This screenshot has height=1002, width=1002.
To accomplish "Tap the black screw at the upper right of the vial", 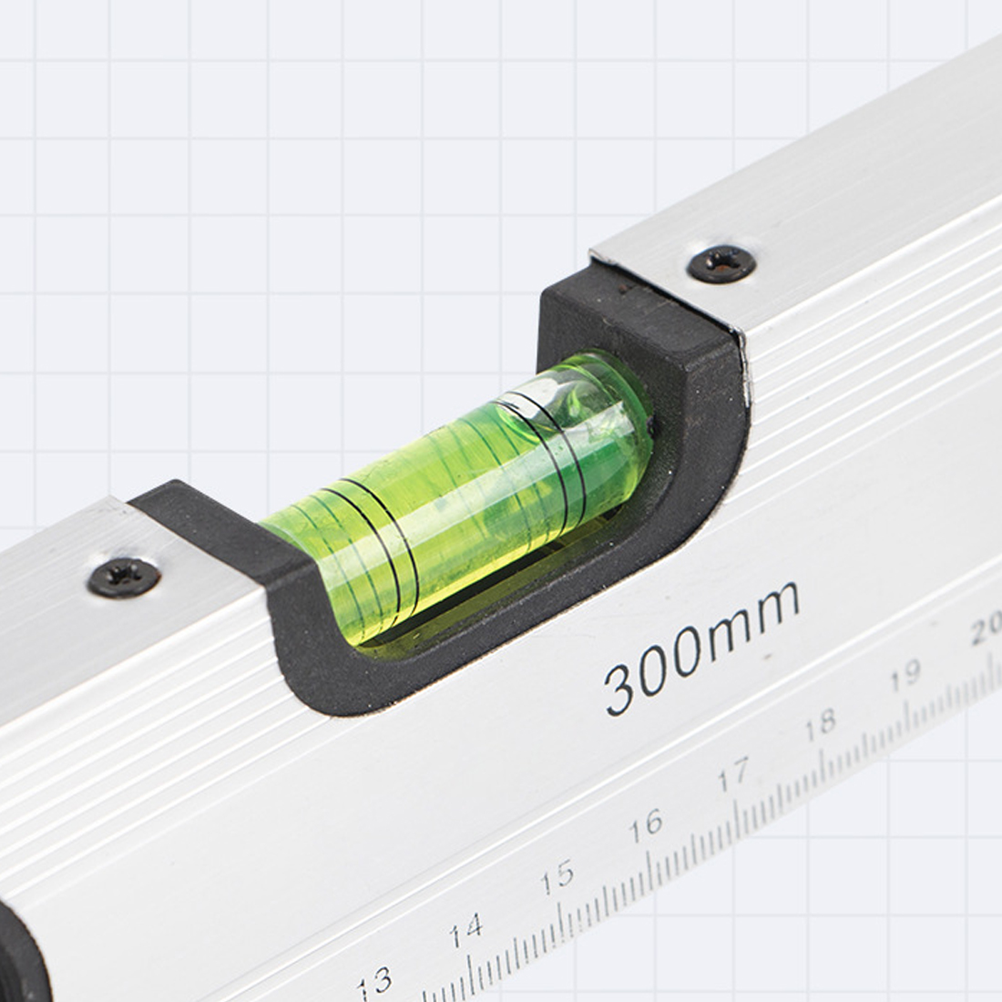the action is point(721,263).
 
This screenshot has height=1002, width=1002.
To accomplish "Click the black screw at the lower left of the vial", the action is point(124,577).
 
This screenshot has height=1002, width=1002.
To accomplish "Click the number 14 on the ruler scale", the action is point(466,930).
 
